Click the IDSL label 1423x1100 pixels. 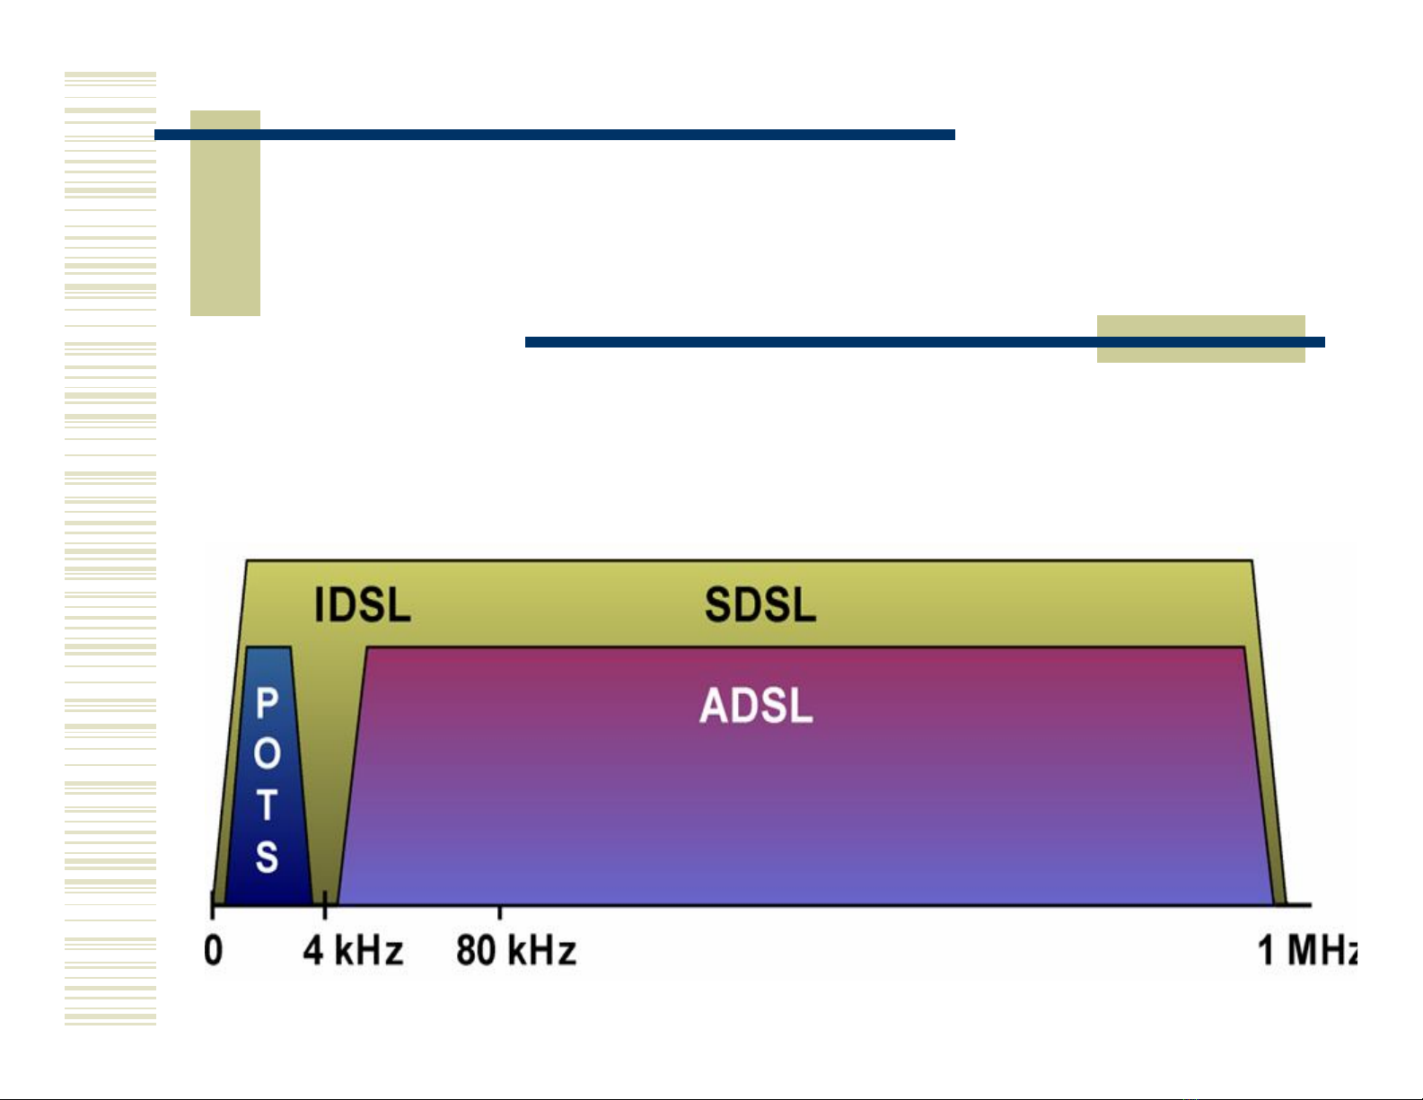coord(363,604)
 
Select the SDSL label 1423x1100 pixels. coord(760,604)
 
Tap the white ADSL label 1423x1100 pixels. coord(756,706)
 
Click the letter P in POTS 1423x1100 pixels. coord(267,704)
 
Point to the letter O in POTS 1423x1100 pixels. coord(267,753)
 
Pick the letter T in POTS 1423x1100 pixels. coord(267,805)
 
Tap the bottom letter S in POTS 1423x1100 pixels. coord(267,855)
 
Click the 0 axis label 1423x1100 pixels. coord(213,950)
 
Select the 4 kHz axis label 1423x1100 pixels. coord(353,950)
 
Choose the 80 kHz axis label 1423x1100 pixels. coord(516,950)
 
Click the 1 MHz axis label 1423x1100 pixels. coord(1306,950)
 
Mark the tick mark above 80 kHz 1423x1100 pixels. coord(500,912)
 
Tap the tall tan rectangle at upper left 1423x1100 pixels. coord(225,224)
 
